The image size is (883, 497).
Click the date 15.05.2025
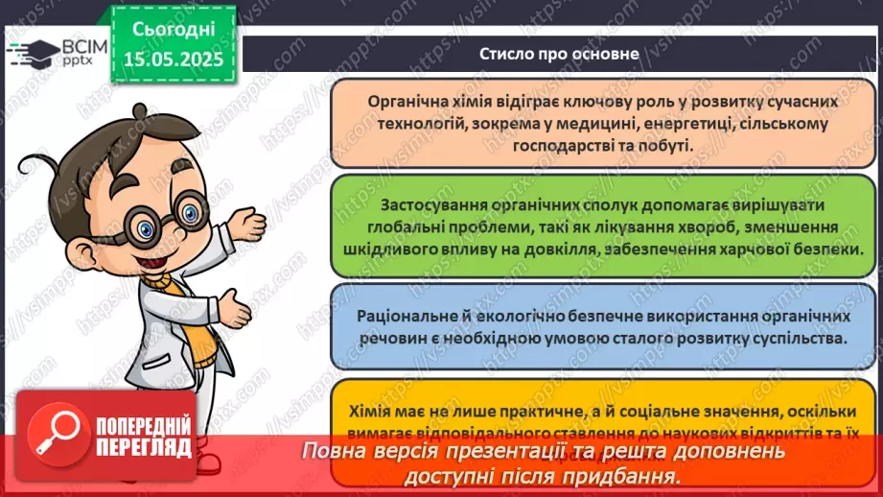point(173,59)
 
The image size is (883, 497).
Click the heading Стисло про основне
point(559,54)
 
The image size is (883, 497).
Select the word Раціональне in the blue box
point(409,316)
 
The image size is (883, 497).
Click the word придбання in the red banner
point(636,476)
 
